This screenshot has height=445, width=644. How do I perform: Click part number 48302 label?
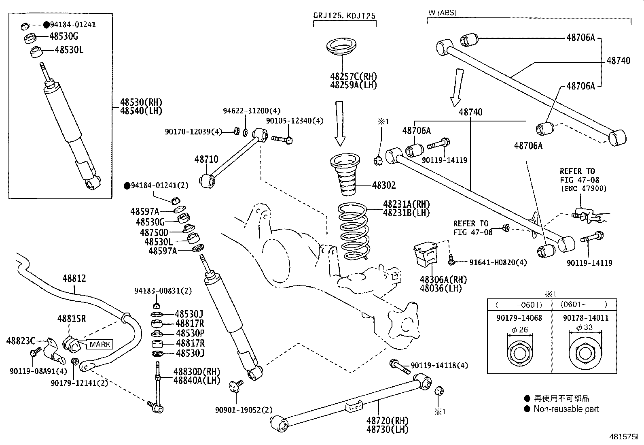[x=383, y=185]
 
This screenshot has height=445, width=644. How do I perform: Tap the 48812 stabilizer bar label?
[x=74, y=279]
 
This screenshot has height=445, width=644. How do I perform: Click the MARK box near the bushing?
[x=100, y=344]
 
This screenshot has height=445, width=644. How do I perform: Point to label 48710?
[x=206, y=159]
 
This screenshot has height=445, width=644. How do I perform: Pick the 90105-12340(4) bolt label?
[x=295, y=121]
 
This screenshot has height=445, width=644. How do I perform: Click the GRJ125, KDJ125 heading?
[x=344, y=16]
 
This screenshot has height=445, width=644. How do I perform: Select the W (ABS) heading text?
[x=442, y=13]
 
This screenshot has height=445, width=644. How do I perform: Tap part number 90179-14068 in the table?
[x=519, y=318]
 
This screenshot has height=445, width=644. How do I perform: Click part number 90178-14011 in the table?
[x=585, y=318]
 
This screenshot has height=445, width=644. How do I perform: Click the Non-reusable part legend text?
[x=566, y=409]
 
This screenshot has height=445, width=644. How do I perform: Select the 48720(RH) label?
[x=387, y=421]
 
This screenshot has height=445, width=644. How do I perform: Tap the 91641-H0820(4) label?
[x=498, y=262]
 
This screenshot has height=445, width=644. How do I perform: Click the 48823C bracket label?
[x=21, y=341]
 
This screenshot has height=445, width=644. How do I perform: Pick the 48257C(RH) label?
[x=353, y=76]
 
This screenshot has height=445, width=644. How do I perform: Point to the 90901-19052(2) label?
[x=244, y=410]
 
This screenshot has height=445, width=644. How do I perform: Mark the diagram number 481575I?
[x=623, y=437]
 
